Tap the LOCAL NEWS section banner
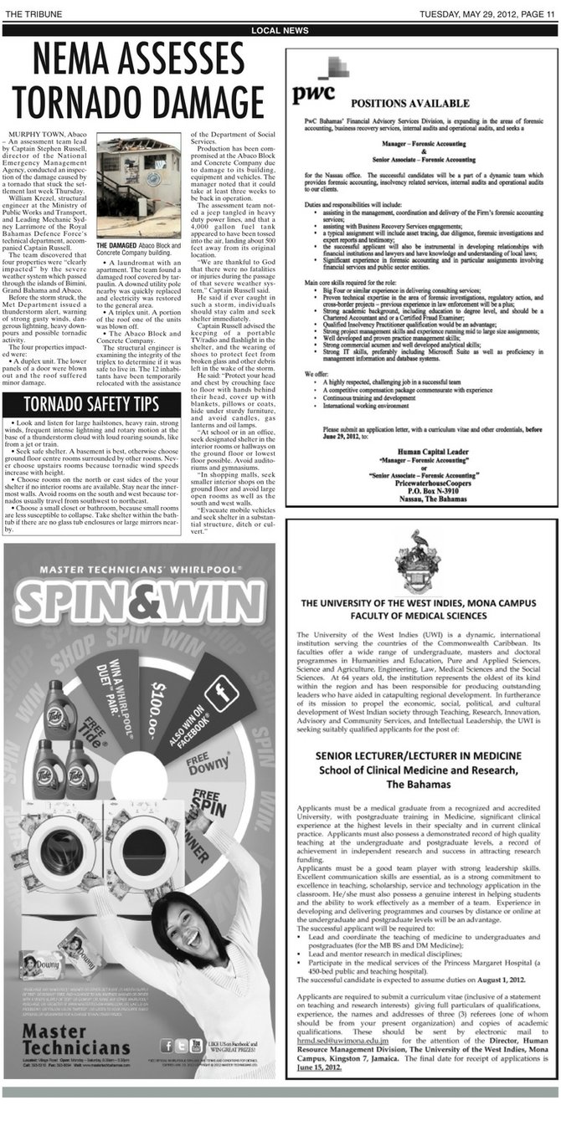280,31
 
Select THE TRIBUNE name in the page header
30,13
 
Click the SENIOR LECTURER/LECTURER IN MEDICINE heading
419,755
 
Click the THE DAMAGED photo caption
138,249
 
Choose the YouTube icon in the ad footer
197,1045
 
